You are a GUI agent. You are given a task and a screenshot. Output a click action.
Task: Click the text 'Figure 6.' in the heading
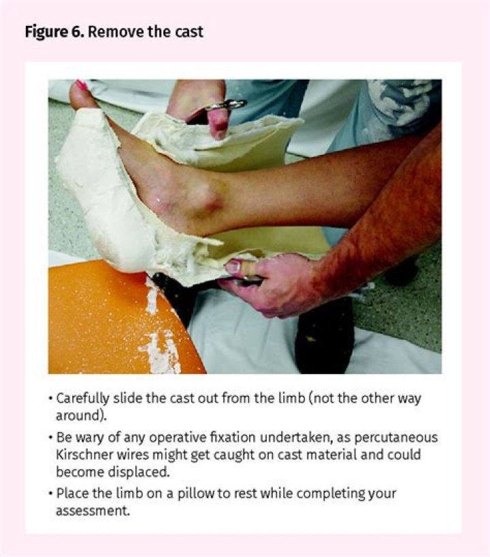(x=54, y=31)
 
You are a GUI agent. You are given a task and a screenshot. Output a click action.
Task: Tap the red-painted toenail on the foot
(x=82, y=86)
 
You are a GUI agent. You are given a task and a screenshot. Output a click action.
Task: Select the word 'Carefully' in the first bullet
(x=82, y=399)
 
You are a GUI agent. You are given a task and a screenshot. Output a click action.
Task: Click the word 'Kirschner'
(x=84, y=454)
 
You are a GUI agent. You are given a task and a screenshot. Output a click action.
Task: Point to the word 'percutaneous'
(x=401, y=437)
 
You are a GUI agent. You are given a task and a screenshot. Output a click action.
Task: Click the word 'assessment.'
(x=92, y=509)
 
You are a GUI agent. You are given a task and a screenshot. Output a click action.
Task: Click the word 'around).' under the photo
(x=78, y=415)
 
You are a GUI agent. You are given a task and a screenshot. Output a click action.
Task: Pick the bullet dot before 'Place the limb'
(x=50, y=493)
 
